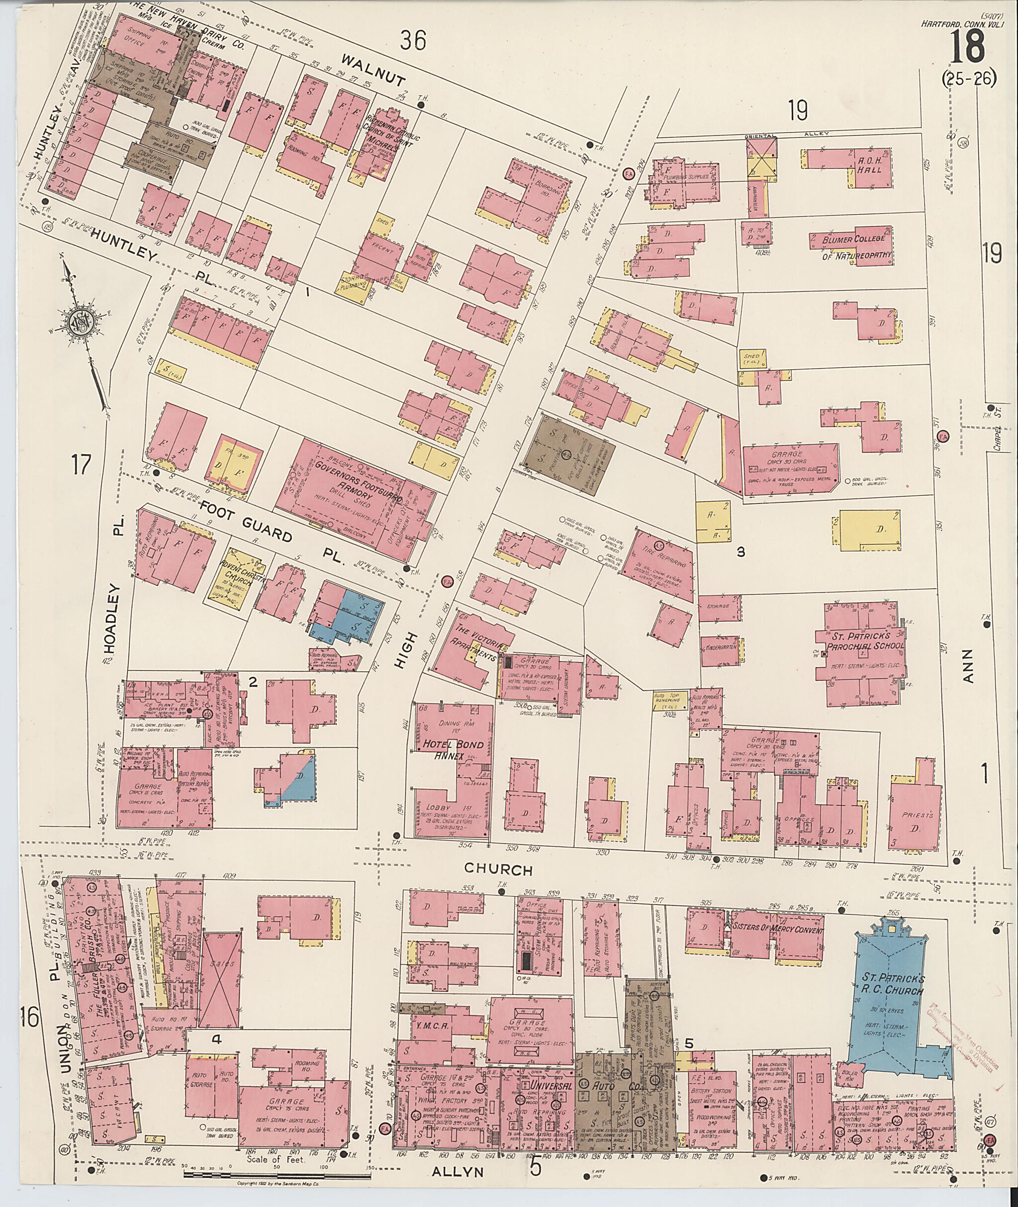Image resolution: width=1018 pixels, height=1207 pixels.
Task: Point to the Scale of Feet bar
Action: pyautogui.click(x=276, y=1171)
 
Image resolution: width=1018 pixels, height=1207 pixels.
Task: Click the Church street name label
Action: pyautogui.click(x=499, y=870)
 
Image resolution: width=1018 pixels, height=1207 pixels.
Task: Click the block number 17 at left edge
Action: pyautogui.click(x=81, y=464)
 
